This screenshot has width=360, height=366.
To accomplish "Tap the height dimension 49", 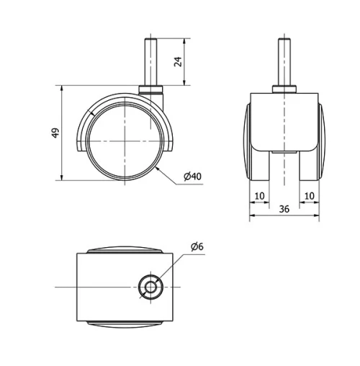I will [x=55, y=133].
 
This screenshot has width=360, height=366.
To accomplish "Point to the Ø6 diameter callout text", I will [x=197, y=247].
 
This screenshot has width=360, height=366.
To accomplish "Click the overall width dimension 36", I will [x=284, y=209].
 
